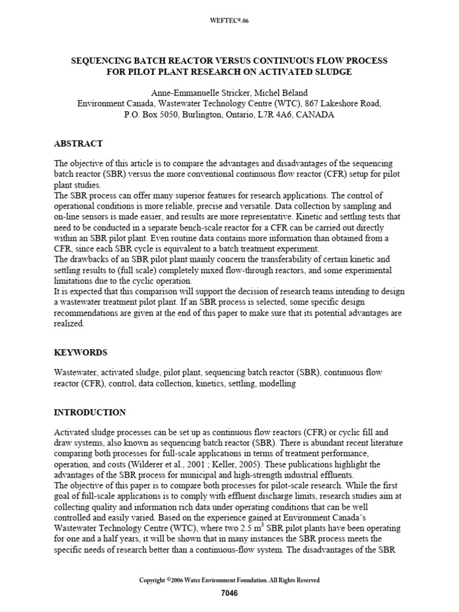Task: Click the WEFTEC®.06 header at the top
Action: [229, 22]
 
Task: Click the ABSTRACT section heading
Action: [78, 143]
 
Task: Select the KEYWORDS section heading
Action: [81, 353]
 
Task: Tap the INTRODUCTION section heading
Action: [90, 412]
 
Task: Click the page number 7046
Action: [229, 593]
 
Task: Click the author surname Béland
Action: [291, 93]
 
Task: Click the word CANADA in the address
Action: [317, 114]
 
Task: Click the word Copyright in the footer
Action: [152, 580]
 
